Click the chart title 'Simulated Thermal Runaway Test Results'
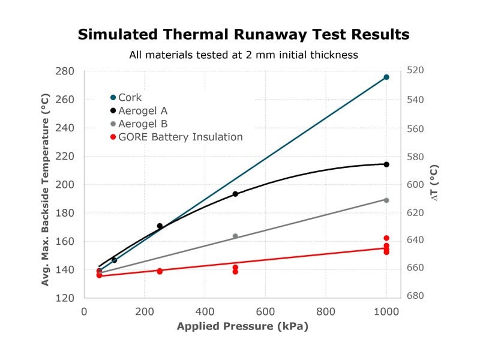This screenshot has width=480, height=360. point(244,34)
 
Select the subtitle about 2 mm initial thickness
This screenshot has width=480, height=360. point(244,55)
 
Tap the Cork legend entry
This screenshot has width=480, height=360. point(126,97)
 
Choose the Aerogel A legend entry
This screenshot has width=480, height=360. point(139,110)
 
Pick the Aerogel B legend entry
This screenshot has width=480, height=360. point(139,124)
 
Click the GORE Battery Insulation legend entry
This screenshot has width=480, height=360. point(176,137)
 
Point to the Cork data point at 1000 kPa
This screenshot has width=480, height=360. point(386,77)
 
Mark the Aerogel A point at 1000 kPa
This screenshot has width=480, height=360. point(386,164)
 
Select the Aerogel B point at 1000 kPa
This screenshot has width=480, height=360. point(386,200)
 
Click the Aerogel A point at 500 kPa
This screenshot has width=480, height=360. point(235,194)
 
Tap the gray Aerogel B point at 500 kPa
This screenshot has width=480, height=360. point(235,236)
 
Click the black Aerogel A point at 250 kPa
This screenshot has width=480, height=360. point(160,226)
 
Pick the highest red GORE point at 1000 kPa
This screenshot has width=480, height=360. point(386,238)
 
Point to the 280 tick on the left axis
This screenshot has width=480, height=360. point(65,71)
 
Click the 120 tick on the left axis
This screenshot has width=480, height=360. point(65,298)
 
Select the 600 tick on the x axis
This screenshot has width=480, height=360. point(265,311)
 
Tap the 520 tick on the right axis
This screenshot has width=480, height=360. point(415,70)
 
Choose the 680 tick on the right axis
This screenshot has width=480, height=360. point(415,295)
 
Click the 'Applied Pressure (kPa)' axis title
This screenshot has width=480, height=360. point(242,326)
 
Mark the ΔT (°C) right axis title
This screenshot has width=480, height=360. point(434,183)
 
